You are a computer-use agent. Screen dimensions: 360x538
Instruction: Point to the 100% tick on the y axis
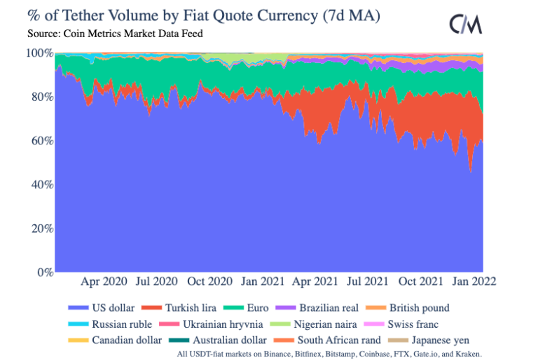point(39,53)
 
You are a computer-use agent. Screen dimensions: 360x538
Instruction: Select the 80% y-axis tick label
point(41,97)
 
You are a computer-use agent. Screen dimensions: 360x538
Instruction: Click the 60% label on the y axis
point(41,140)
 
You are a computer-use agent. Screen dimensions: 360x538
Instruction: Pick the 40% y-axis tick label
point(41,184)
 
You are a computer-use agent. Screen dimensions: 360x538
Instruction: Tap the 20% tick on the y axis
point(41,228)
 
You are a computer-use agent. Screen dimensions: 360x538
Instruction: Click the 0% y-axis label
point(43,272)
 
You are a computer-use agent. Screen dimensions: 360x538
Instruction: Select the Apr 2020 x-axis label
point(105,282)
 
